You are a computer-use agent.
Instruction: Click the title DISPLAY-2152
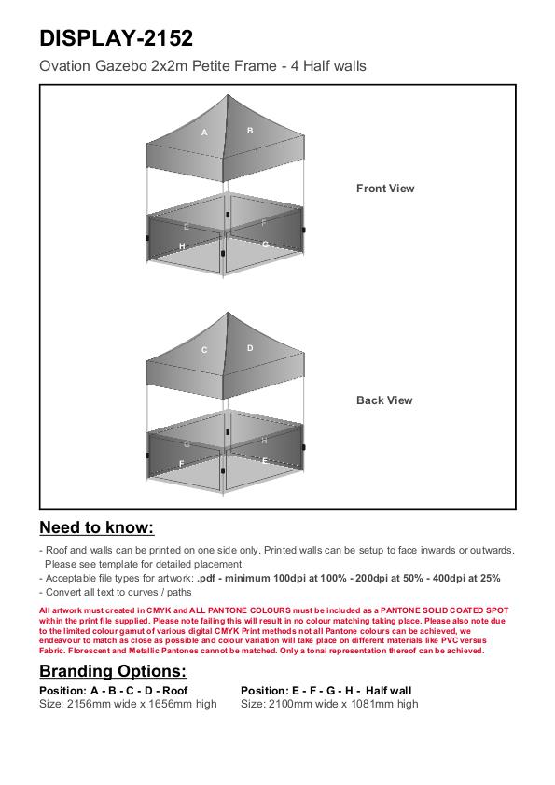[116, 38]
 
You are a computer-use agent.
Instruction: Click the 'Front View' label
[385, 189]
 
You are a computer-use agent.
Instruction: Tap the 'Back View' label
[384, 400]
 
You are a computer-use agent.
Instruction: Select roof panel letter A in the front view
[204, 133]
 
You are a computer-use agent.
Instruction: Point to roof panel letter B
[250, 131]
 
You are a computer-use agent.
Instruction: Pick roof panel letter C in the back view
[204, 350]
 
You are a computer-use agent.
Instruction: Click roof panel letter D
[250, 348]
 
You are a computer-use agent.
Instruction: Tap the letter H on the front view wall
[182, 246]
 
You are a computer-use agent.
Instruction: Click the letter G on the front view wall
[265, 245]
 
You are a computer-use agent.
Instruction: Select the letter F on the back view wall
[182, 464]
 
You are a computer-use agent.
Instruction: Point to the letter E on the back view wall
[265, 461]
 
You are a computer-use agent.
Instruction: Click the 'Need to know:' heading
[97, 527]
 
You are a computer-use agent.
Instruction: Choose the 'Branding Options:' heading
[113, 671]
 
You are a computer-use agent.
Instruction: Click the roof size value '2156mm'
[89, 704]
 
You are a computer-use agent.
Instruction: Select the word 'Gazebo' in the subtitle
[120, 66]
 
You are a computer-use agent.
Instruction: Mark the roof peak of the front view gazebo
[228, 94]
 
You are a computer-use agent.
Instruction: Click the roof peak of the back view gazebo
[228, 313]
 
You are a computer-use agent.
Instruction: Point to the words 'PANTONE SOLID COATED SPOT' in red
[444, 610]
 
